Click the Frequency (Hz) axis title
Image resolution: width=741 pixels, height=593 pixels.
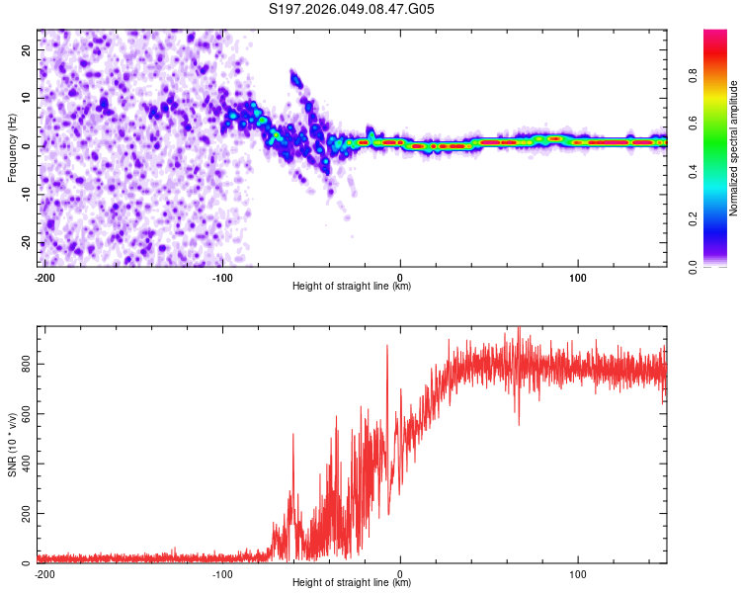tap(12, 148)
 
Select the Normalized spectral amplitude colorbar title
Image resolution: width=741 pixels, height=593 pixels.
tap(734, 148)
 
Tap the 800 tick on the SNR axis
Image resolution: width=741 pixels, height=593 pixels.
tap(24, 365)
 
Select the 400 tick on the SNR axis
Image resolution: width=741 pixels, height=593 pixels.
tap(24, 465)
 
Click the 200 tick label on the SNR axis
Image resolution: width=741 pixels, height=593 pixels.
tap(24, 514)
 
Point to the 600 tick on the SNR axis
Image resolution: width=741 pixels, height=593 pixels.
tap(24, 415)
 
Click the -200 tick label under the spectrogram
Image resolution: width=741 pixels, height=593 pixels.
tap(44, 276)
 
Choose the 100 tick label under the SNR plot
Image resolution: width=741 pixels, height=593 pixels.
tap(577, 572)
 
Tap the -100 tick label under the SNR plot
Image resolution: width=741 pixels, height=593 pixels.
tap(222, 572)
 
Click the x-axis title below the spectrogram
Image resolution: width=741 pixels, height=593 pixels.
tap(352, 287)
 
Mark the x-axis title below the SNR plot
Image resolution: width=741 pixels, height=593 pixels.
tap(352, 583)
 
